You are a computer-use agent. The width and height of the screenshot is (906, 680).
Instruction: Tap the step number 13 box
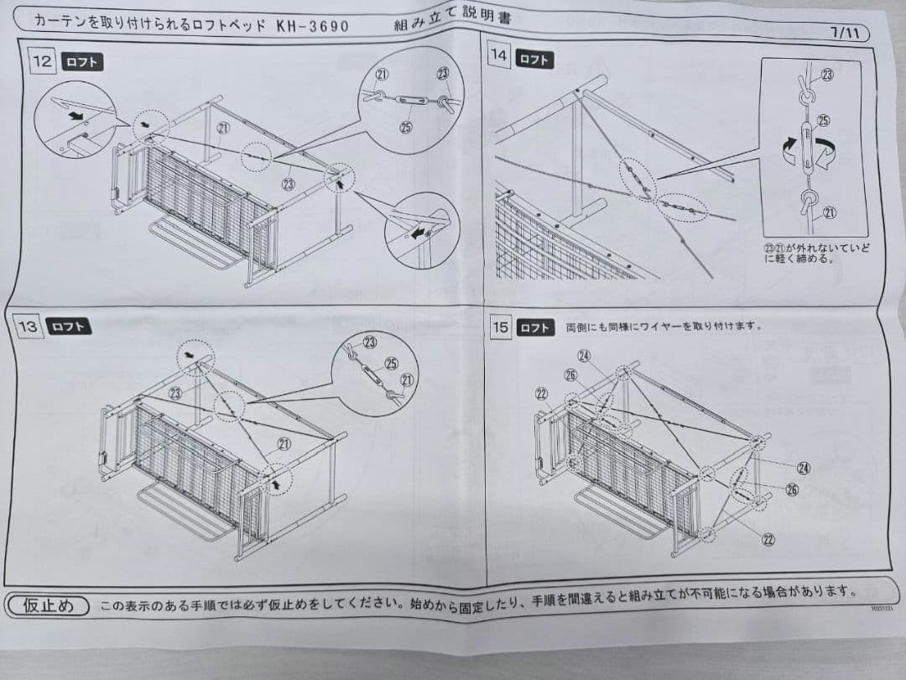coord(29,326)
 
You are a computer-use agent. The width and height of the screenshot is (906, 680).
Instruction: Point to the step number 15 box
coord(500,327)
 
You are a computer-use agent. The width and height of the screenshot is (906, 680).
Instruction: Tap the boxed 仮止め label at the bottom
coord(48,604)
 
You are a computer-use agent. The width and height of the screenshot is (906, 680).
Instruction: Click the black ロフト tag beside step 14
coord(534,59)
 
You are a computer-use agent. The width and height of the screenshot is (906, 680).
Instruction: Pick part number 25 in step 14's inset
coord(823,121)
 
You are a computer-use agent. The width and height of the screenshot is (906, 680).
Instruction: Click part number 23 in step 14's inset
coord(827,76)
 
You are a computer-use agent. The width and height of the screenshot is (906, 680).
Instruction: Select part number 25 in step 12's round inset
coord(406,128)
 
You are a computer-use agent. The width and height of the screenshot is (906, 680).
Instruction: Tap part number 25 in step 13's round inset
coord(390,363)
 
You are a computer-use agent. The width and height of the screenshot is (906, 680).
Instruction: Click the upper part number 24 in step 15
coord(584,356)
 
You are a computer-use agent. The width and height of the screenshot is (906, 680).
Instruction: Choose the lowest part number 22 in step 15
coord(767,539)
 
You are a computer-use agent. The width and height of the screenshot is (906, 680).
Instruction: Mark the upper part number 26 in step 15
coord(570,374)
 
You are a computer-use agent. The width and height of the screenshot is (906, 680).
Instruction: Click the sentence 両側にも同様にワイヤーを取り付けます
coord(663,326)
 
